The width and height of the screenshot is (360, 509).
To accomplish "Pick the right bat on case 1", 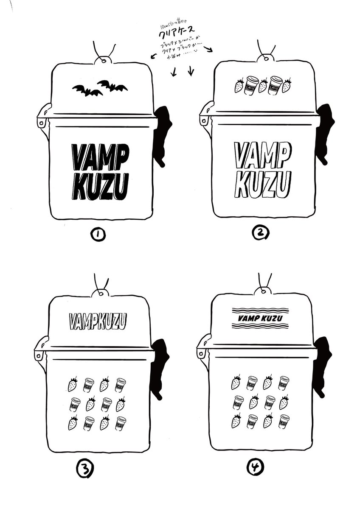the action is [x=113, y=86].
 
